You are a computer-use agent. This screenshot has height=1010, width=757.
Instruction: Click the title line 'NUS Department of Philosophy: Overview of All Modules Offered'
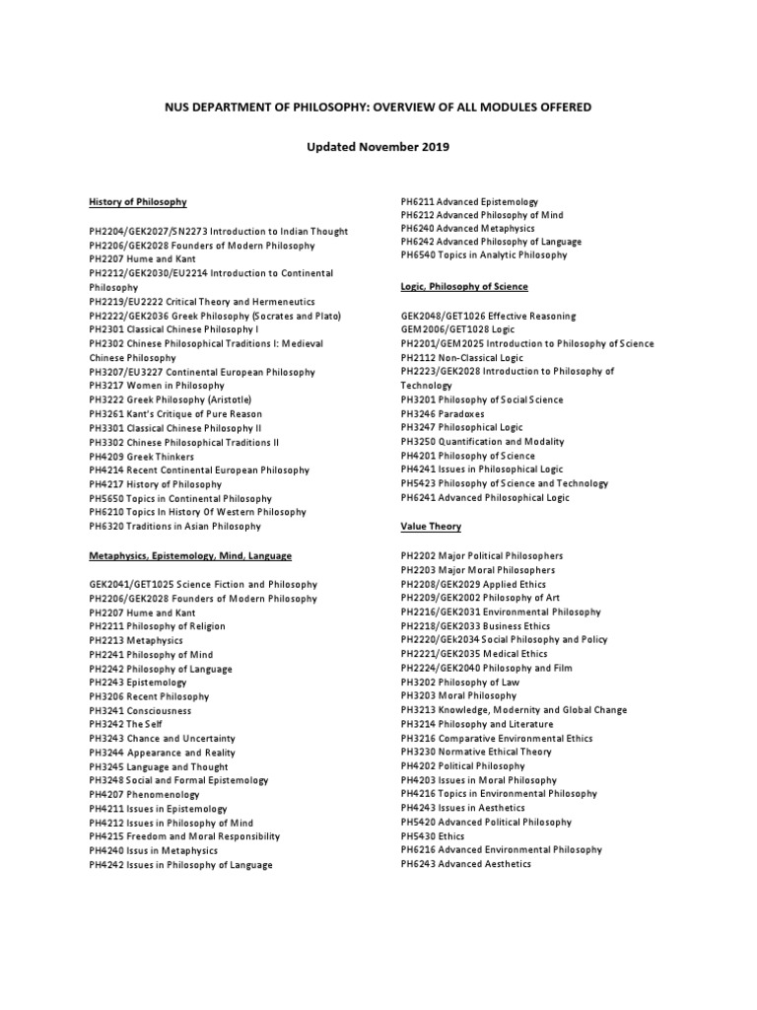378,106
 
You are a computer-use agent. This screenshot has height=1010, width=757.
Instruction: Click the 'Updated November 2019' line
378,147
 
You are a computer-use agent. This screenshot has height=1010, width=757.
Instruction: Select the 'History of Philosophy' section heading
137,202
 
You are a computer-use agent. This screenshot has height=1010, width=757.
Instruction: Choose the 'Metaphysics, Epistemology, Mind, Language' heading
189,556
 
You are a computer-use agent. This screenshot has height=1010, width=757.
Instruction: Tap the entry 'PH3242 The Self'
125,724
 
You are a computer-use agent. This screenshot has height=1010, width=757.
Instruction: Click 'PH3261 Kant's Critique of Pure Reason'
175,414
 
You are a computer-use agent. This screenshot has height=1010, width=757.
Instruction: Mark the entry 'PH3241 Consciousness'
140,710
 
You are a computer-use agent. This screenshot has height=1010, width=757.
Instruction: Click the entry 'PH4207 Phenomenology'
144,794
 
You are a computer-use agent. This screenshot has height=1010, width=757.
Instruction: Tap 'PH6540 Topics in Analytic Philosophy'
484,254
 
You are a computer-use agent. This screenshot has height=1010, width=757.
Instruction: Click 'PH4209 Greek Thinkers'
141,457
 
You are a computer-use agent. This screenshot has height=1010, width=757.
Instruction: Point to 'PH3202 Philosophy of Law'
459,682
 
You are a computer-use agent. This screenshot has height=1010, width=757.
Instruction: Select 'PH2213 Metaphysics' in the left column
137,640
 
